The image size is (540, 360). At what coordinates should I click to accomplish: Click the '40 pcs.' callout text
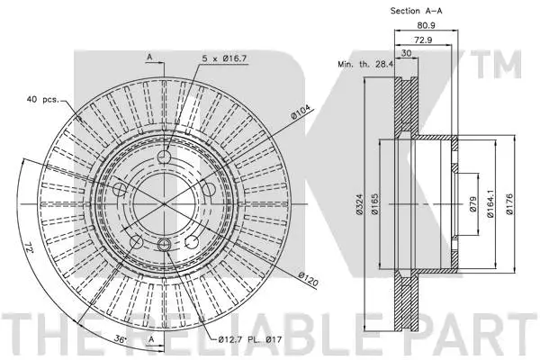[x=42, y=98]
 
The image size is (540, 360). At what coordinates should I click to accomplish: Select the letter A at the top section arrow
[x=149, y=57]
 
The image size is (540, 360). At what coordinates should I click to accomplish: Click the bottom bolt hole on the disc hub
[x=163, y=246]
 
